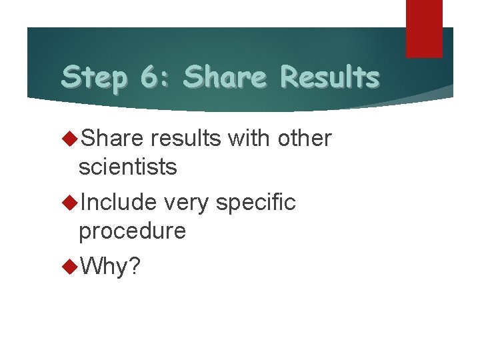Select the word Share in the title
click(x=224, y=77)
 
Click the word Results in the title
click(x=329, y=77)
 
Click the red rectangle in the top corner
click(x=424, y=28)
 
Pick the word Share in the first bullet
click(x=112, y=139)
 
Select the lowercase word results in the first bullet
click(x=186, y=139)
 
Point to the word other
click(x=305, y=139)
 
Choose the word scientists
click(x=127, y=167)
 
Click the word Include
click(x=118, y=202)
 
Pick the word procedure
click(x=132, y=231)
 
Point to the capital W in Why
click(x=90, y=267)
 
